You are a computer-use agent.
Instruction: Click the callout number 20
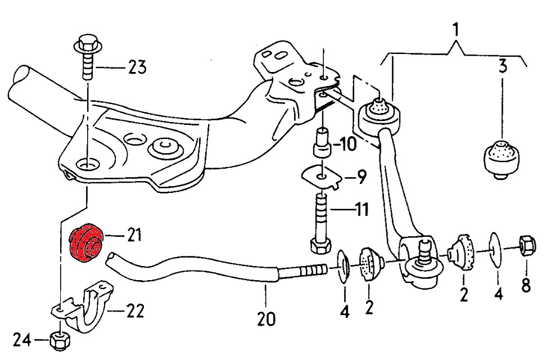click(x=266, y=319)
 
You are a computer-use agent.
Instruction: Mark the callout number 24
click(x=21, y=340)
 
